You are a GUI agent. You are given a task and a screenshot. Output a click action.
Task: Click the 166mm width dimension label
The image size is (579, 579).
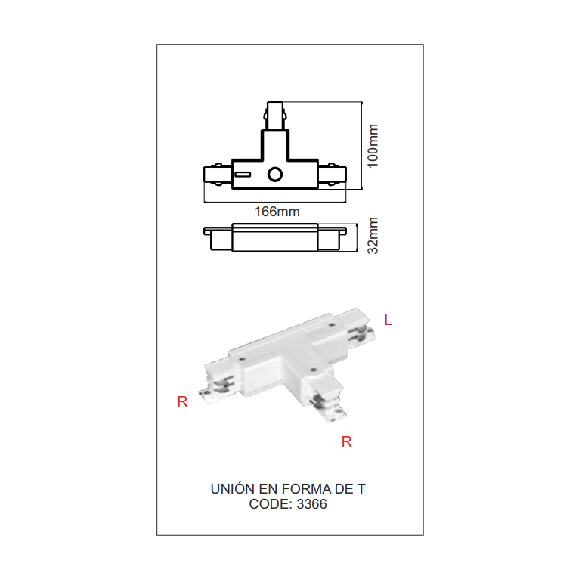[x=277, y=212]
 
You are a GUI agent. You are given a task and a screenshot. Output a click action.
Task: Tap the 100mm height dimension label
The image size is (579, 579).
[x=373, y=146]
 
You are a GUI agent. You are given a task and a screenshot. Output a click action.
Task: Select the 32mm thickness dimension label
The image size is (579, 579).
[x=373, y=236]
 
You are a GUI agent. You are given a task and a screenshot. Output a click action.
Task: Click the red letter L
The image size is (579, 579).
[x=388, y=320]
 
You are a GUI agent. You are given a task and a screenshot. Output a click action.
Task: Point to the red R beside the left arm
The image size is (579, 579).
[x=182, y=401]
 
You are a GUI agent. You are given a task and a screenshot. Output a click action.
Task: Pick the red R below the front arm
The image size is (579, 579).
[x=346, y=441]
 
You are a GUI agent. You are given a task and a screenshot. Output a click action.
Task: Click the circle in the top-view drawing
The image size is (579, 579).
[x=275, y=175]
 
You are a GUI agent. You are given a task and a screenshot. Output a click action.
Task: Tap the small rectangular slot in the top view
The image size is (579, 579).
[x=243, y=175]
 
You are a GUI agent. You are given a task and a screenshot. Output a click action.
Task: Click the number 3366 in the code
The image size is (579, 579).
[x=311, y=504]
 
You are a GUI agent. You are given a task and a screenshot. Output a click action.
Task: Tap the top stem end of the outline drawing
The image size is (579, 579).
[x=275, y=102]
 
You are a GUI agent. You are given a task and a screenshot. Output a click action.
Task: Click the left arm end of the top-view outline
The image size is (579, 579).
[x=205, y=175]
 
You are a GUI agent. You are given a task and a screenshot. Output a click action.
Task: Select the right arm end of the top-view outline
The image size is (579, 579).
[x=346, y=175]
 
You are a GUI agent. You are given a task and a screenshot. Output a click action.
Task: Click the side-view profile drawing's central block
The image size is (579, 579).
[x=275, y=237]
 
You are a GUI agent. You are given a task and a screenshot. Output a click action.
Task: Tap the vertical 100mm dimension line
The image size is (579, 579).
[x=362, y=145]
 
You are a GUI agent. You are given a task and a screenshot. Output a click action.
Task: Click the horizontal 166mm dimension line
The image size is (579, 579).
[x=275, y=202]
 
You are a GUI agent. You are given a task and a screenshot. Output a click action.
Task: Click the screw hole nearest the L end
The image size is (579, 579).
[x=332, y=325]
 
